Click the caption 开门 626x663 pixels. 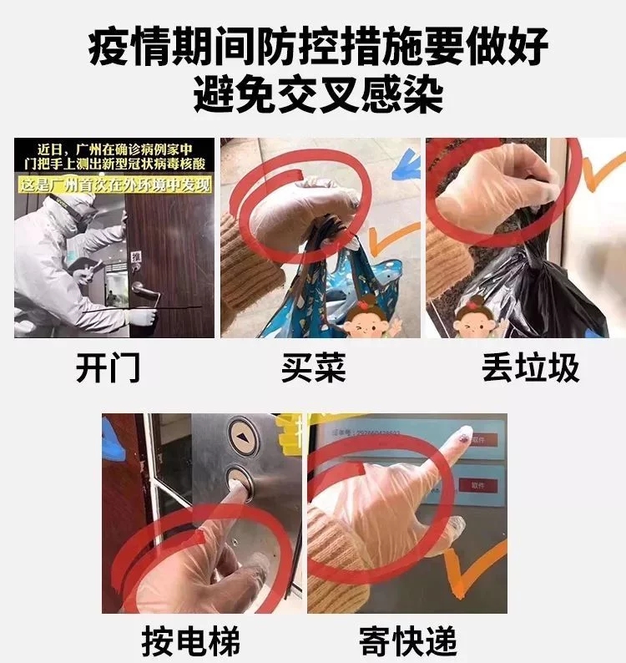(109, 368)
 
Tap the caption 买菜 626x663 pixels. (313, 368)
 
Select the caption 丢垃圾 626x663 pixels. (530, 368)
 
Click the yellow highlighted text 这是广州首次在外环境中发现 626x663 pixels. (114, 181)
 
